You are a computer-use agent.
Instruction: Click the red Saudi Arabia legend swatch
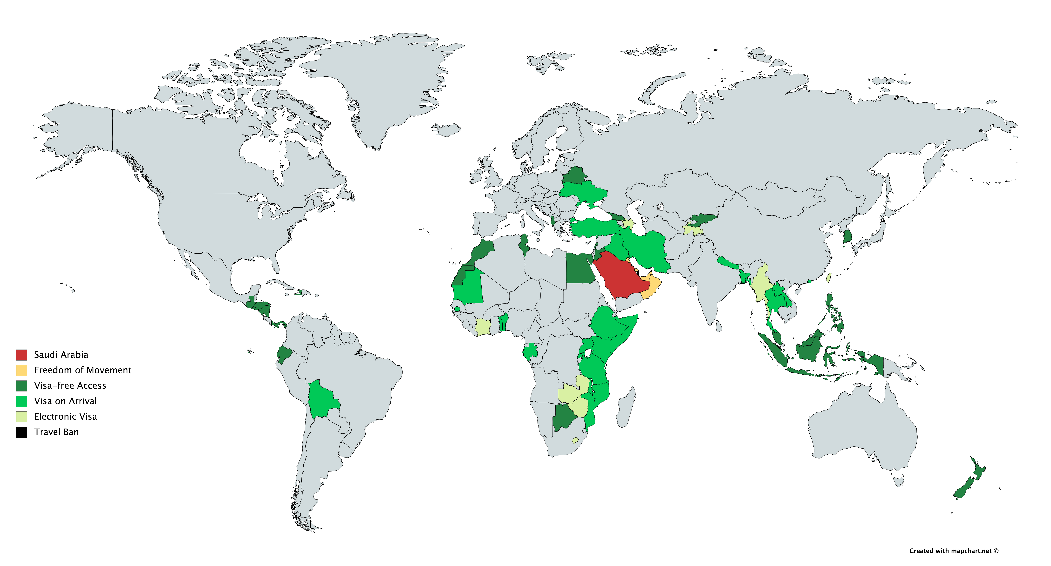click(x=22, y=355)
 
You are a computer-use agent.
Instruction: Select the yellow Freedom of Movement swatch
click(x=22, y=370)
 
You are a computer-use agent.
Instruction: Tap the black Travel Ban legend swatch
click(x=22, y=432)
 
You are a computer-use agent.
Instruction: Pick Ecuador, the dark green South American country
click(x=284, y=354)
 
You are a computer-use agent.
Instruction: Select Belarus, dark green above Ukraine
click(x=574, y=176)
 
